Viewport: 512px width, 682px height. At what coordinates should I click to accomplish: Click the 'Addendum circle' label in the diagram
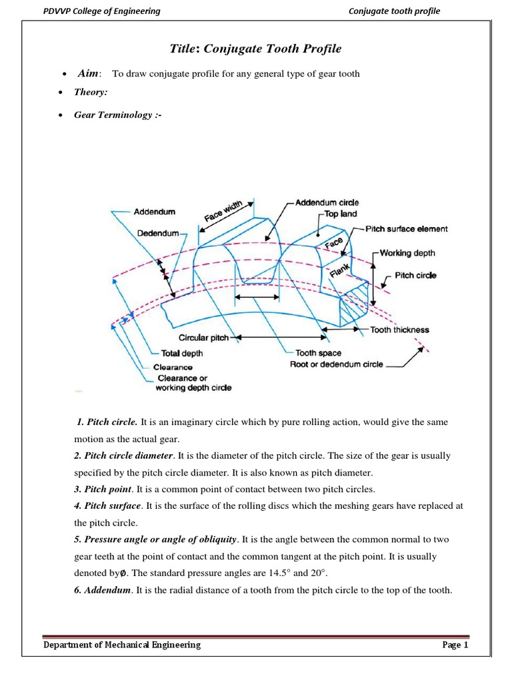click(x=326, y=202)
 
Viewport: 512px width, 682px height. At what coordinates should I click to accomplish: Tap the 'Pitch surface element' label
click(x=407, y=228)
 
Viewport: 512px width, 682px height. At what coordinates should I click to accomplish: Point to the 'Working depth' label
click(x=407, y=253)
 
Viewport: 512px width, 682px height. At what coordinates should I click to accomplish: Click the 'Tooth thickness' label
click(x=400, y=330)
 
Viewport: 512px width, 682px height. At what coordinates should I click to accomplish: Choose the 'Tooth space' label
click(x=318, y=353)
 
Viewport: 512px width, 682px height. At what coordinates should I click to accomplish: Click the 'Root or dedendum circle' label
click(x=337, y=364)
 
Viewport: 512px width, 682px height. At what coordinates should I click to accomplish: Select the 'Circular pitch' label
click(x=203, y=338)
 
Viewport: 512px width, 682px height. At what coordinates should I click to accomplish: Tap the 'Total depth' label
click(x=182, y=353)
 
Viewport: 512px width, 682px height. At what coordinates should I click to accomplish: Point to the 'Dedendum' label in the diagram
click(x=158, y=233)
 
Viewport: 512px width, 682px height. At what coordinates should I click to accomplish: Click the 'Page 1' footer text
click(x=456, y=645)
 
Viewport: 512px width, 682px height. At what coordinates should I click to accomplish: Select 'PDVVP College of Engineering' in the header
click(x=101, y=11)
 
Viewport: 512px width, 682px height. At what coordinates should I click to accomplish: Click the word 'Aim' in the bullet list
click(x=89, y=73)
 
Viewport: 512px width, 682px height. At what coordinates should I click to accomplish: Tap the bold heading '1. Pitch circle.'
click(x=107, y=422)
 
